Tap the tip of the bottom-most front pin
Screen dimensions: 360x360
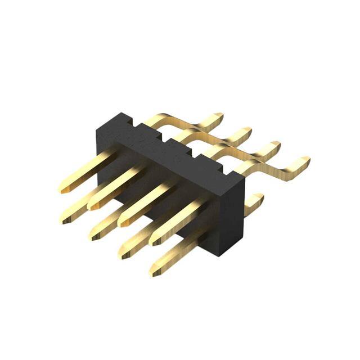tap(154, 272)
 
